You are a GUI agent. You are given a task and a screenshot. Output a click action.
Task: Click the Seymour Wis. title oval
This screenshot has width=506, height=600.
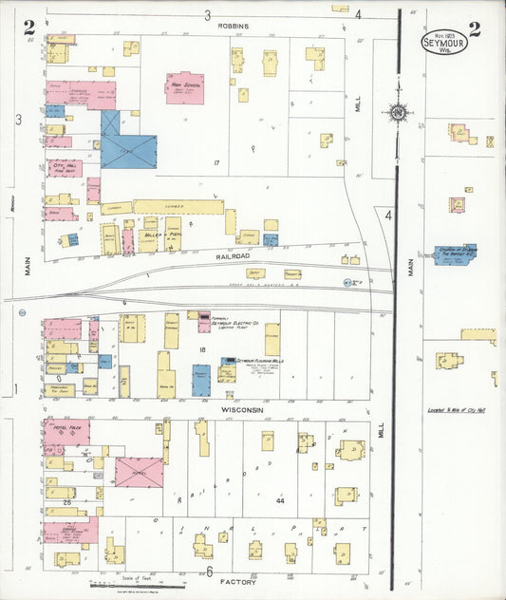(x=444, y=43)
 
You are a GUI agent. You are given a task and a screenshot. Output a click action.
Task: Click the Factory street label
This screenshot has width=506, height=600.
(x=237, y=581)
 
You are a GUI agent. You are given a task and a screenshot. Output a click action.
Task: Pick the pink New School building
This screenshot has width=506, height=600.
(x=184, y=87)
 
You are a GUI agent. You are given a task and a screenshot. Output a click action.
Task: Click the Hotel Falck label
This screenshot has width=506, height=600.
(x=65, y=432)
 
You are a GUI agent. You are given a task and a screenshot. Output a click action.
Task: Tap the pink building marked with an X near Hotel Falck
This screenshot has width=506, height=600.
(x=139, y=472)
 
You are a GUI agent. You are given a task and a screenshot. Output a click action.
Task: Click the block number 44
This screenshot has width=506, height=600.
(x=280, y=499)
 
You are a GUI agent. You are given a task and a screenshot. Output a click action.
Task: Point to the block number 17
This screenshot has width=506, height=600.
(x=216, y=164)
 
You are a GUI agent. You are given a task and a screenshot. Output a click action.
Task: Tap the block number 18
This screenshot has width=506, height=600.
(x=202, y=349)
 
